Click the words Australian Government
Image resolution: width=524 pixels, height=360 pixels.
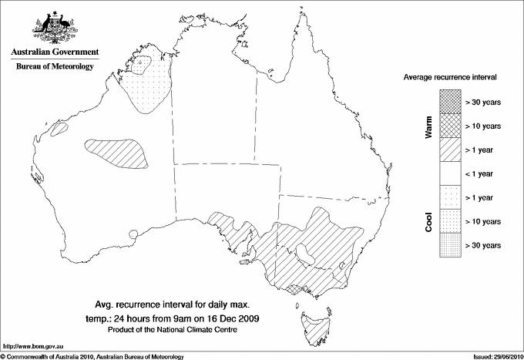55,52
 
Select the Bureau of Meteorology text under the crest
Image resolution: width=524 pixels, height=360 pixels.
55,66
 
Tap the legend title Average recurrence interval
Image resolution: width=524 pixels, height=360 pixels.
450,78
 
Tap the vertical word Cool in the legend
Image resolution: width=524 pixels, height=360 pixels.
429,222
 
